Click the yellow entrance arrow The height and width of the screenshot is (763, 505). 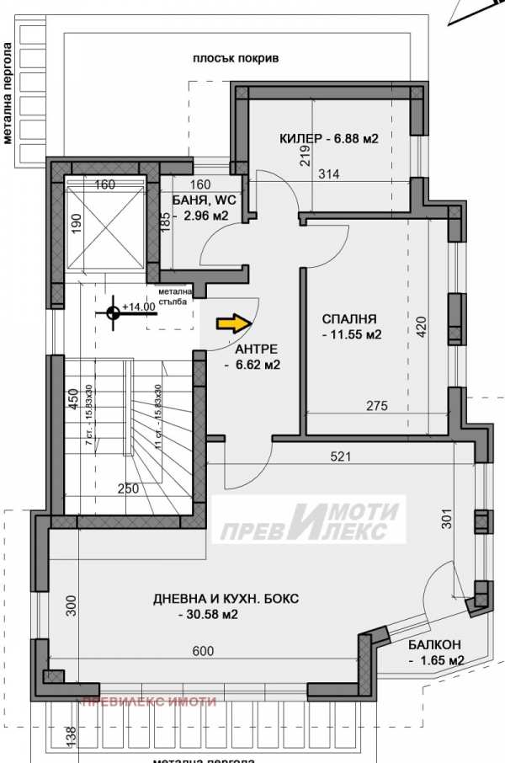tap(234, 323)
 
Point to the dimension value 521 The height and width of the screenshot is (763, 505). tap(339, 457)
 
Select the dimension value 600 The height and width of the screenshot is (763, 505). tap(203, 651)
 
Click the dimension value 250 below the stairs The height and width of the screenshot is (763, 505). tap(129, 488)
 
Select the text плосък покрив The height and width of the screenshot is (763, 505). tap(235, 59)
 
